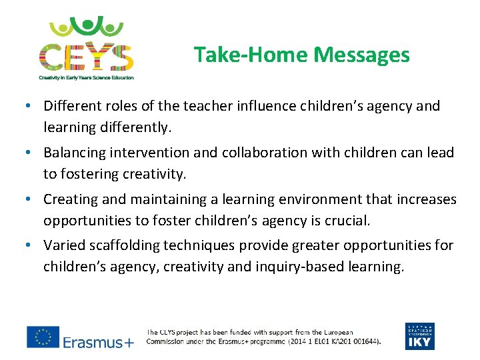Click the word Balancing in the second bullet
coord(75,153)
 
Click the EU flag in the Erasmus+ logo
coord(43,337)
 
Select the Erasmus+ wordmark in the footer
coord(98,343)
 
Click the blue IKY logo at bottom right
coord(419,336)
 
